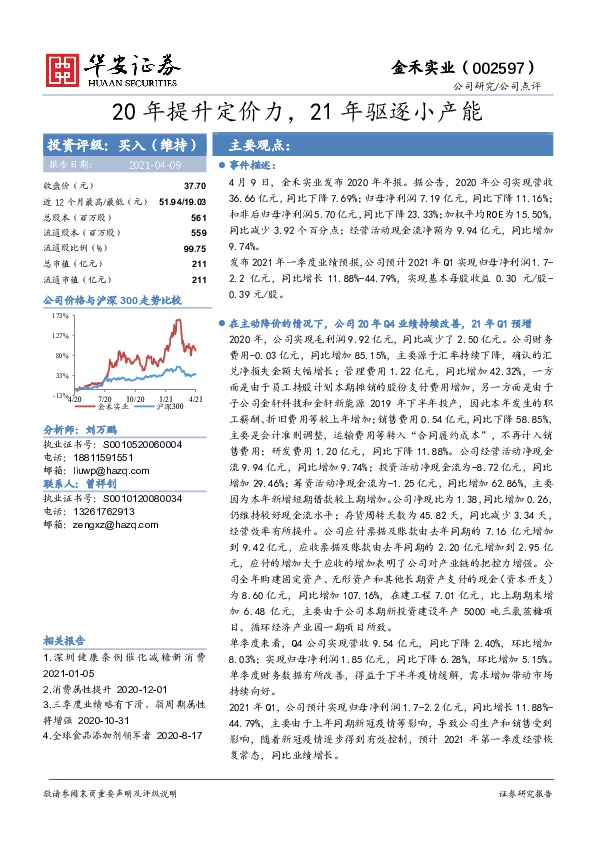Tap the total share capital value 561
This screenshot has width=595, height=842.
(x=198, y=217)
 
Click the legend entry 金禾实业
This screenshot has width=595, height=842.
(x=109, y=408)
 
